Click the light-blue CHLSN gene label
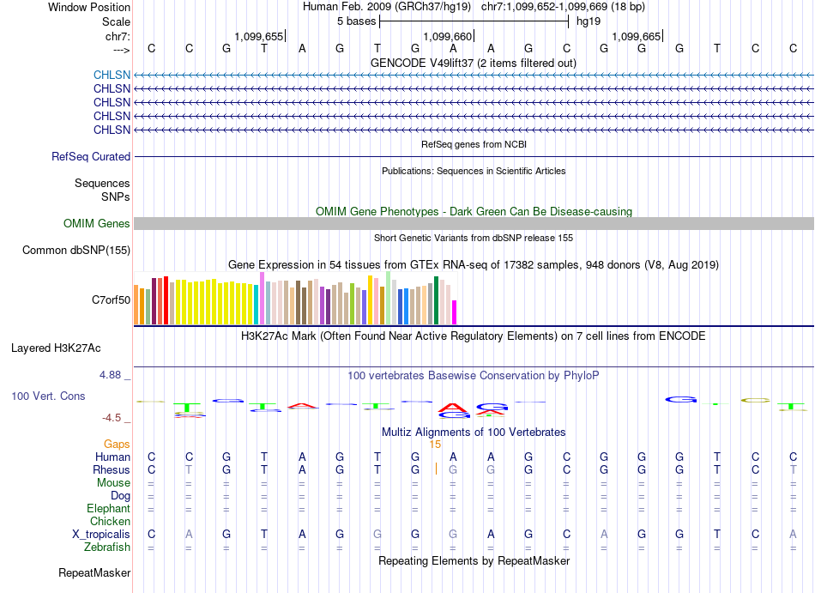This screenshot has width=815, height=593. [x=112, y=75]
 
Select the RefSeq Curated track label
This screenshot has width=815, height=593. [x=91, y=156]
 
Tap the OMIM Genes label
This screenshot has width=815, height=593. [x=97, y=223]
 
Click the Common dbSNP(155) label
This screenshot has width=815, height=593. [x=76, y=250]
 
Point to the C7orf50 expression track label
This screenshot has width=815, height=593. [x=112, y=300]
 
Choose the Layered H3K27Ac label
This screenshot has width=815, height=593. [x=56, y=348]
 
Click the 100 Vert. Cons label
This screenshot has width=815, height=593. [x=48, y=396]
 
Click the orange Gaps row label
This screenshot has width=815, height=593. [x=117, y=444]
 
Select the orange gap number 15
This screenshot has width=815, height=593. [x=435, y=445]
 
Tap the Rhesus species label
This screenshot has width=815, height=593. [x=112, y=469]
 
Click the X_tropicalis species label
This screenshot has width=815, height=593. [x=101, y=535]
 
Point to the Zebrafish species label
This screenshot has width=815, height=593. [x=107, y=548]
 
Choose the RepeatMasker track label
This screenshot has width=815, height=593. [x=94, y=572]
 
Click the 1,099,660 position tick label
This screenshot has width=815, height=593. [x=448, y=36]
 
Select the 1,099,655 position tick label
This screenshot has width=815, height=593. [x=259, y=36]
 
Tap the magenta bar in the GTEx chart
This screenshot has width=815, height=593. [x=455, y=312]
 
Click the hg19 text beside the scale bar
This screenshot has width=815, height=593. [x=589, y=21]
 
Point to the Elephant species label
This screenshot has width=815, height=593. [x=109, y=508]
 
